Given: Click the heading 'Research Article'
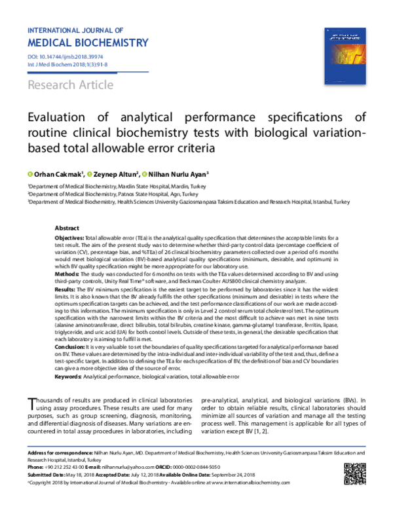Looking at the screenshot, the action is click(70, 85).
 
